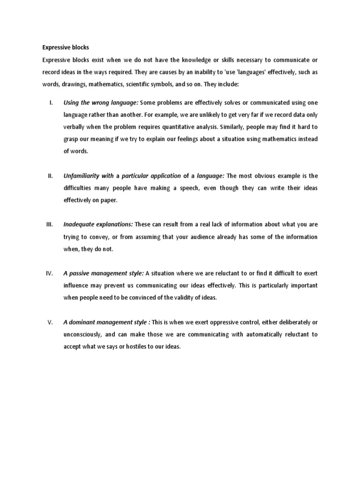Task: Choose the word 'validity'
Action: coord(174,298)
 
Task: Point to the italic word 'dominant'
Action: coord(83,322)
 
